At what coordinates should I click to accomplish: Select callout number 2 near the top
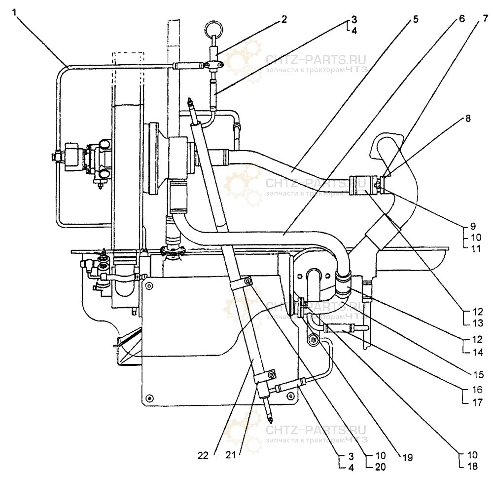click(x=283, y=19)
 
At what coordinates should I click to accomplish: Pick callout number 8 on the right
click(x=467, y=119)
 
